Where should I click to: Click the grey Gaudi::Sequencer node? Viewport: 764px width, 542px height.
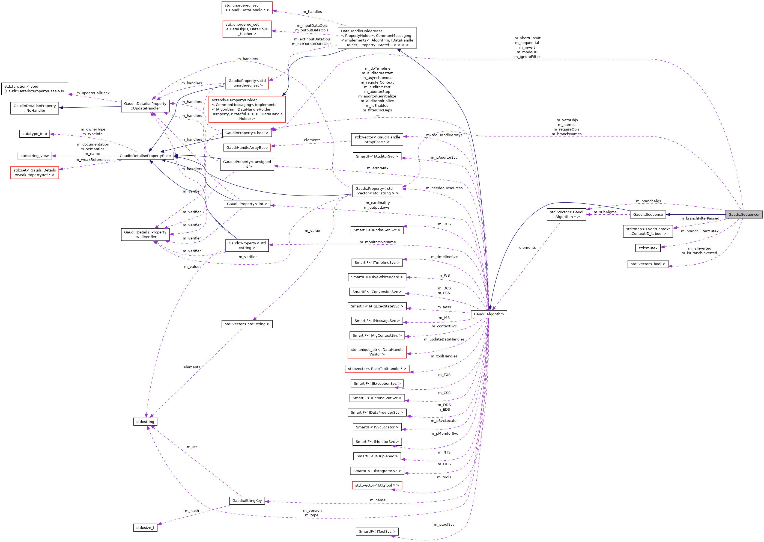744,215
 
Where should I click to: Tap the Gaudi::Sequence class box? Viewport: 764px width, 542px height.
647,215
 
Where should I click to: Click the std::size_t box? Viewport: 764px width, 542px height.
145,528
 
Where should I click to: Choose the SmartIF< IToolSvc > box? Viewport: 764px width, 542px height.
377,531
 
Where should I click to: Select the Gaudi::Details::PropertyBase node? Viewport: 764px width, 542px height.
145,156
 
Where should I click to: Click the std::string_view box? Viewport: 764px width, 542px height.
35,156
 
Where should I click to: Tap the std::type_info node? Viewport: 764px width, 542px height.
35,134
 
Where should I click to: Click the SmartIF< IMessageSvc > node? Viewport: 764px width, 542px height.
377,321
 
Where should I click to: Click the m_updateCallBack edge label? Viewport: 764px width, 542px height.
93,93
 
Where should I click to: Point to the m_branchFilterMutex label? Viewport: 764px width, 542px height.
700,231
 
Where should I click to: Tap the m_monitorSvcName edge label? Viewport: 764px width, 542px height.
378,242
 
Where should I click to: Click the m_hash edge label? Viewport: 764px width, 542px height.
192,511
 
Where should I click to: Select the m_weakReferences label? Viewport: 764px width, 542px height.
93,159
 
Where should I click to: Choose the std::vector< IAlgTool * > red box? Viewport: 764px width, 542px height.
377,485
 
